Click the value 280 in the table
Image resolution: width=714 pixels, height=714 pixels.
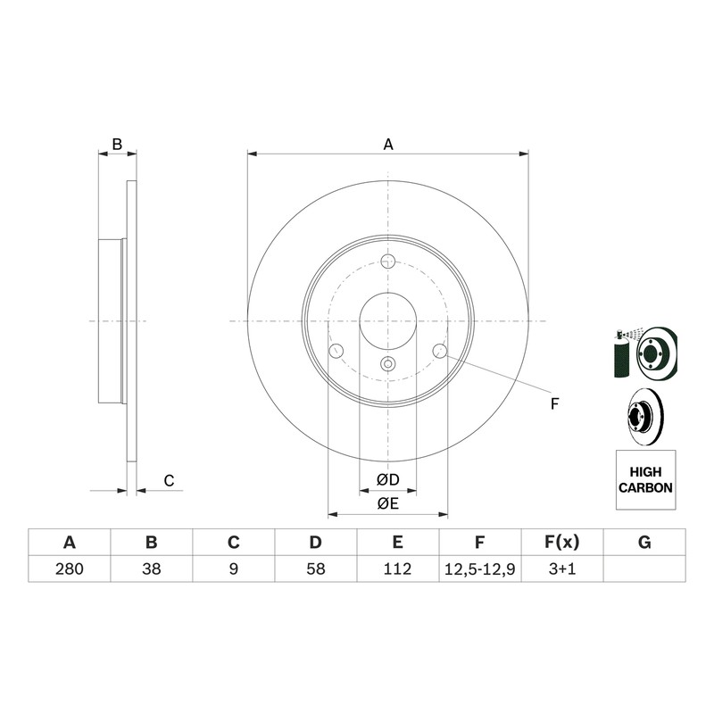tap(70, 569)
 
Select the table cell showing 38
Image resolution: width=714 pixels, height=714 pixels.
tap(151, 569)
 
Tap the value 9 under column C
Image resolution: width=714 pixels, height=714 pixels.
tap(234, 569)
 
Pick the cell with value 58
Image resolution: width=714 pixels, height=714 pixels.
tap(316, 569)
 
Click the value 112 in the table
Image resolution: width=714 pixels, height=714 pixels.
tap(397, 569)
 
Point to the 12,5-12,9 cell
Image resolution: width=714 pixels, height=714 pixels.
tap(480, 569)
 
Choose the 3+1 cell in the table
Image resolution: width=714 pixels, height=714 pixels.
tap(562, 569)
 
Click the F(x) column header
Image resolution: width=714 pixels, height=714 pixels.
tap(562, 543)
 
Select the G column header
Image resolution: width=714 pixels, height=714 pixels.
tap(644, 543)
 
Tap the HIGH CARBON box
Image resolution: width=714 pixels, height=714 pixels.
tap(645, 480)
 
